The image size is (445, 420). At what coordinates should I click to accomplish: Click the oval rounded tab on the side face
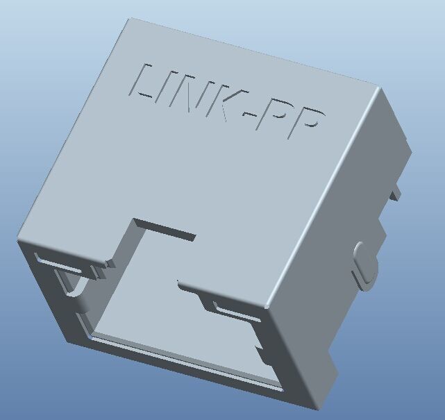point(364,266)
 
